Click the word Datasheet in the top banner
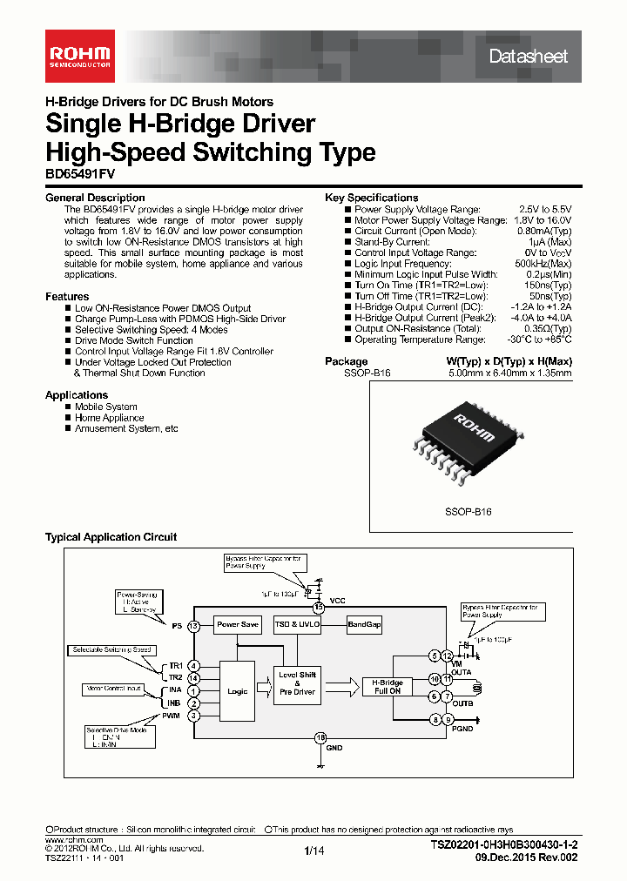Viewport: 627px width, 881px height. [528, 57]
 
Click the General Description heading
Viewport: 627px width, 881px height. [95, 198]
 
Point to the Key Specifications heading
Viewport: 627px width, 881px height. [371, 198]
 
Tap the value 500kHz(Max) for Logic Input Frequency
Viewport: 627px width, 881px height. [543, 264]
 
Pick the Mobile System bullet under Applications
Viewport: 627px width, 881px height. [105, 407]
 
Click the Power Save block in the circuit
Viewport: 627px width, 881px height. [238, 625]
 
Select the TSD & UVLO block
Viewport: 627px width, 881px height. [298, 625]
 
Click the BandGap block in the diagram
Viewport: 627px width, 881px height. [364, 625]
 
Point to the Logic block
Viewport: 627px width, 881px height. [237, 691]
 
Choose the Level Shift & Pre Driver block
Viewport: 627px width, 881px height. [297, 683]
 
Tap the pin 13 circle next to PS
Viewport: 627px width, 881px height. [193, 626]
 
